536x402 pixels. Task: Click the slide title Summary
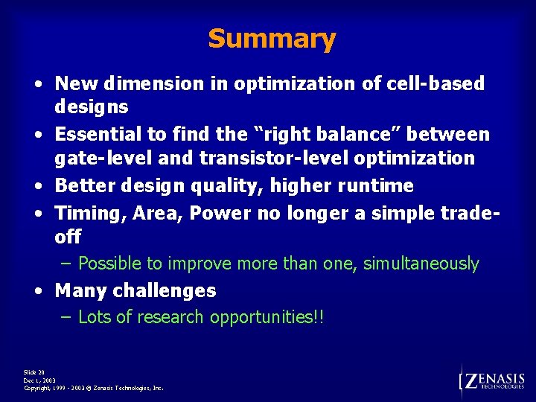pyautogui.click(x=272, y=38)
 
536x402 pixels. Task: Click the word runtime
pyautogui.click(x=379, y=185)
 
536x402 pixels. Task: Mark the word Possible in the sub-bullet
pyautogui.click(x=109, y=264)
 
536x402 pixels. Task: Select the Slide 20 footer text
pyautogui.click(x=34, y=371)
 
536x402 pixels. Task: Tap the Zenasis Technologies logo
pyautogui.click(x=493, y=381)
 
